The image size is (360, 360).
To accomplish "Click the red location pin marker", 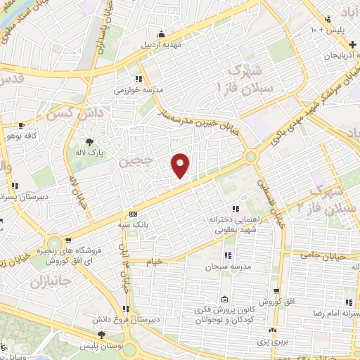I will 181,165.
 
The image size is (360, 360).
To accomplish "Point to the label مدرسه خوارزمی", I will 139,90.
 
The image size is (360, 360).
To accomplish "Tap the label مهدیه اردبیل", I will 162,44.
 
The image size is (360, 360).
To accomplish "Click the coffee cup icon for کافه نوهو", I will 22,125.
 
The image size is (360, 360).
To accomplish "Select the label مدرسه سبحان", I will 224,268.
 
